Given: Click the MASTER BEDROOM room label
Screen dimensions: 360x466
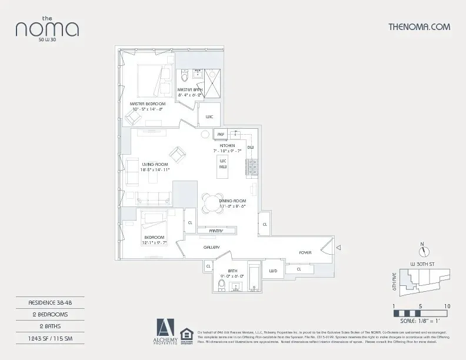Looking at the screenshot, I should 148,104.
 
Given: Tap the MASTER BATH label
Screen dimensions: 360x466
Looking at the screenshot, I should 190,89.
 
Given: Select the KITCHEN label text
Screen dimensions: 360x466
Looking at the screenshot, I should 227,145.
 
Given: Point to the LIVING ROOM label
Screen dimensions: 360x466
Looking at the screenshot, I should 155,164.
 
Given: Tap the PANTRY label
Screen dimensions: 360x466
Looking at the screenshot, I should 215,231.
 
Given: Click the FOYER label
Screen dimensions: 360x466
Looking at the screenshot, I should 305,252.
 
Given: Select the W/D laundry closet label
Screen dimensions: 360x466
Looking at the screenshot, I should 273,271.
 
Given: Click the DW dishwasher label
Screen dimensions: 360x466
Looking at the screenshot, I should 250,147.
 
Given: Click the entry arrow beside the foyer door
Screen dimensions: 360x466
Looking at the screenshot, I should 338,249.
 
